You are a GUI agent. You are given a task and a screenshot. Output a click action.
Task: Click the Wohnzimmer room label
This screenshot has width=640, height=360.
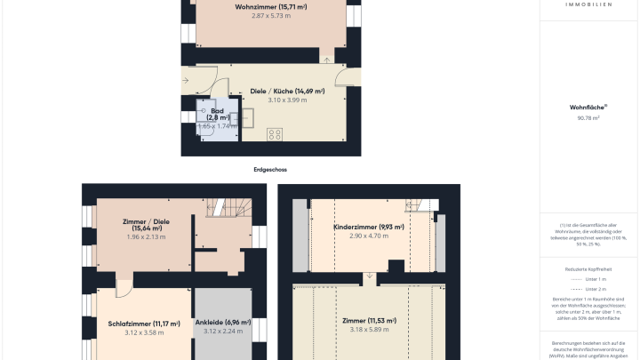(x=271, y=7)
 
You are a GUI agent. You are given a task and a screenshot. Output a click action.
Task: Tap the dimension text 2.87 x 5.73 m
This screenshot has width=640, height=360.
(x=271, y=16)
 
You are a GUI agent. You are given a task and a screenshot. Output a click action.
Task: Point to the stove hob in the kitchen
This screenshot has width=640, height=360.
(x=275, y=134)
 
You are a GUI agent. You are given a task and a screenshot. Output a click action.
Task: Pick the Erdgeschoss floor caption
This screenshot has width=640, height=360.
(x=270, y=169)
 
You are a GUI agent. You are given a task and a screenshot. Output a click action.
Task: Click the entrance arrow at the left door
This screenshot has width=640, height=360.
(x=186, y=82)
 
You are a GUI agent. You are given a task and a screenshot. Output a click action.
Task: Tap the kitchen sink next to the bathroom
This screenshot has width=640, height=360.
(x=248, y=116)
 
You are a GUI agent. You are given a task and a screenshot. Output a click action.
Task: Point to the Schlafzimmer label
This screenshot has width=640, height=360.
(x=144, y=324)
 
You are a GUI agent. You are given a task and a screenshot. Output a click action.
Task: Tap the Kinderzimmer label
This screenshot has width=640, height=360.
(x=368, y=227)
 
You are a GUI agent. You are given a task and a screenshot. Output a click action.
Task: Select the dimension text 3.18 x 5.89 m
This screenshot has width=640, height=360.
(x=368, y=329)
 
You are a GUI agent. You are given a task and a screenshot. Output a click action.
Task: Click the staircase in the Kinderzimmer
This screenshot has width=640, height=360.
(x=418, y=204)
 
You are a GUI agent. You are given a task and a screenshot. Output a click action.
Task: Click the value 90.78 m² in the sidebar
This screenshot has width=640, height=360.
(x=588, y=117)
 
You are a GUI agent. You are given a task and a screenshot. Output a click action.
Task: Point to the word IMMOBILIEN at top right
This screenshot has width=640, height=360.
(x=588, y=4)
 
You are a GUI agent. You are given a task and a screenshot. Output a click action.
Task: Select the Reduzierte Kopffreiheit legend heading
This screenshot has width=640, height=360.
(x=588, y=267)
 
